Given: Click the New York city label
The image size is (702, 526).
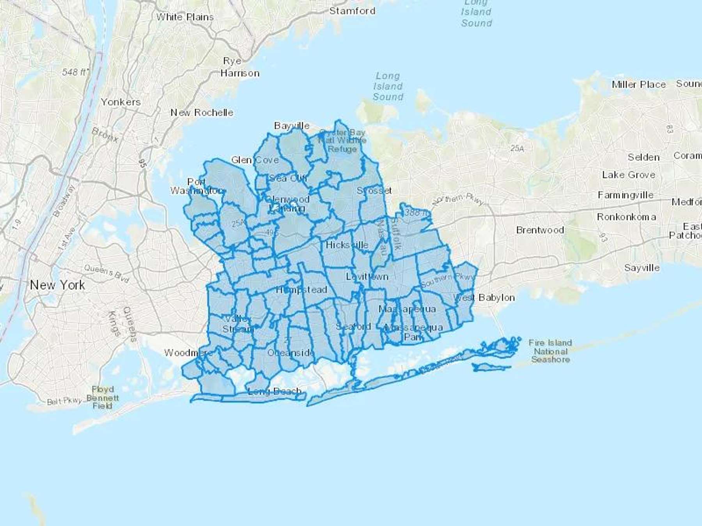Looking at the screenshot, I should tap(57, 285).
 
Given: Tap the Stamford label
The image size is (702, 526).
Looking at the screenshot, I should tap(352, 11).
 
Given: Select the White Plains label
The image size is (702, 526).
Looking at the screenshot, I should tap(185, 17).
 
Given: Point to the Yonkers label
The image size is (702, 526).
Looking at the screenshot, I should tap(121, 102).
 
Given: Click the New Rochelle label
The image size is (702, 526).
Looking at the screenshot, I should tap(202, 113).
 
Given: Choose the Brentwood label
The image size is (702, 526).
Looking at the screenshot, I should tap(540, 230).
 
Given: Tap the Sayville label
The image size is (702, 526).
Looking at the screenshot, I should tap(642, 268).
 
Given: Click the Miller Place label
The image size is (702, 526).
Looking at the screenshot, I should tap(638, 85).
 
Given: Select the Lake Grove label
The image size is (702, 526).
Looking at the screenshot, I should tap(628, 175).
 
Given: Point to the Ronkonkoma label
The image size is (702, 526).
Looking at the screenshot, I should tap(626, 217).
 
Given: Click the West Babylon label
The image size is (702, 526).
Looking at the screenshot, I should tap(484, 298).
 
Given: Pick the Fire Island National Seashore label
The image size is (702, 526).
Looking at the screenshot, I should tap(550, 351).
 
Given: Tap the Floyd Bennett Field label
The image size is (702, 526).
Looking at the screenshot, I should tap(103, 397).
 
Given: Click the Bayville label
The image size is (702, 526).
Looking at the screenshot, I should tap(292, 126).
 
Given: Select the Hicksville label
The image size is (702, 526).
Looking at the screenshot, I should tap(347, 245).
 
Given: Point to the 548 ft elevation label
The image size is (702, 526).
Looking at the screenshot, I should tap(75, 72).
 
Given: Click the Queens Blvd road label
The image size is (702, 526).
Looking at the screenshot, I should tap(106, 273).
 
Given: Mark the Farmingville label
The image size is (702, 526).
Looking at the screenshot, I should tap(625, 195).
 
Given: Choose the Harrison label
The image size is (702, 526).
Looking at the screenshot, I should tap(240, 73).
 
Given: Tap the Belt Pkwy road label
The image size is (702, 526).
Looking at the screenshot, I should tap(64, 401).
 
